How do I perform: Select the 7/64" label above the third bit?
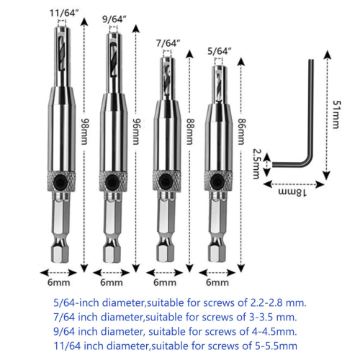[x=168, y=45]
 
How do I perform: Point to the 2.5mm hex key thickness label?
[x=257, y=164]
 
